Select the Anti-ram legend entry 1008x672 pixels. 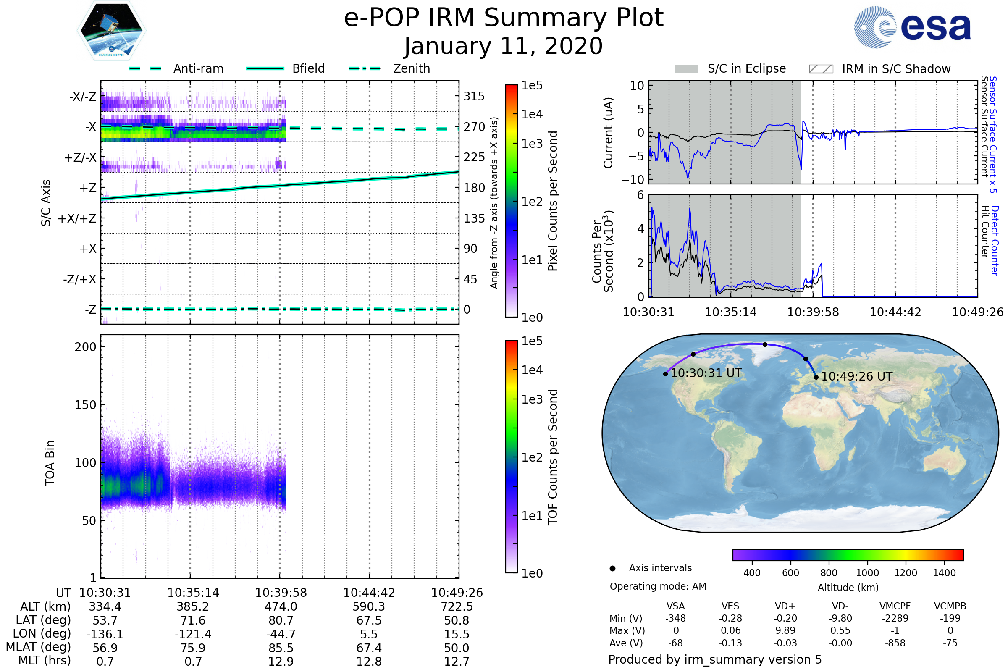(176, 68)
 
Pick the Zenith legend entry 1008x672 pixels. (389, 68)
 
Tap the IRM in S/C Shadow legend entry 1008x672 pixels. (879, 69)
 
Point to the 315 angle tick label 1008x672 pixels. (474, 97)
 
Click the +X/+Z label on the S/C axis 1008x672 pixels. (77, 218)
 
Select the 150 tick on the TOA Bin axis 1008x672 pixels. (85, 405)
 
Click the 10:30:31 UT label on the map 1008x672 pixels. (706, 373)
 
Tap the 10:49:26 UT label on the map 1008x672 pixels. (857, 377)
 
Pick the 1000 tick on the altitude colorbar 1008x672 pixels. (867, 573)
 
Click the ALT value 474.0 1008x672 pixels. (281, 607)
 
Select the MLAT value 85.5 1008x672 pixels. (281, 648)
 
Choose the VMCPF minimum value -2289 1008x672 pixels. (895, 618)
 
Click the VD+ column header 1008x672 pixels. (785, 606)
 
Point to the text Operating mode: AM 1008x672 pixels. (658, 586)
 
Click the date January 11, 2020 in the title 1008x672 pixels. (504, 46)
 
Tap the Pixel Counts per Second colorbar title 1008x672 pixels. (553, 201)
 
